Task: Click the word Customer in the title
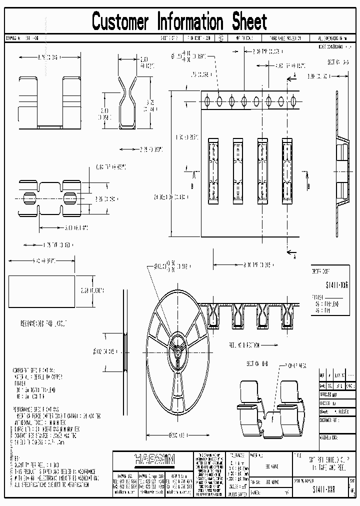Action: tap(120, 22)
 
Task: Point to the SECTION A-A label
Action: tap(337, 62)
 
